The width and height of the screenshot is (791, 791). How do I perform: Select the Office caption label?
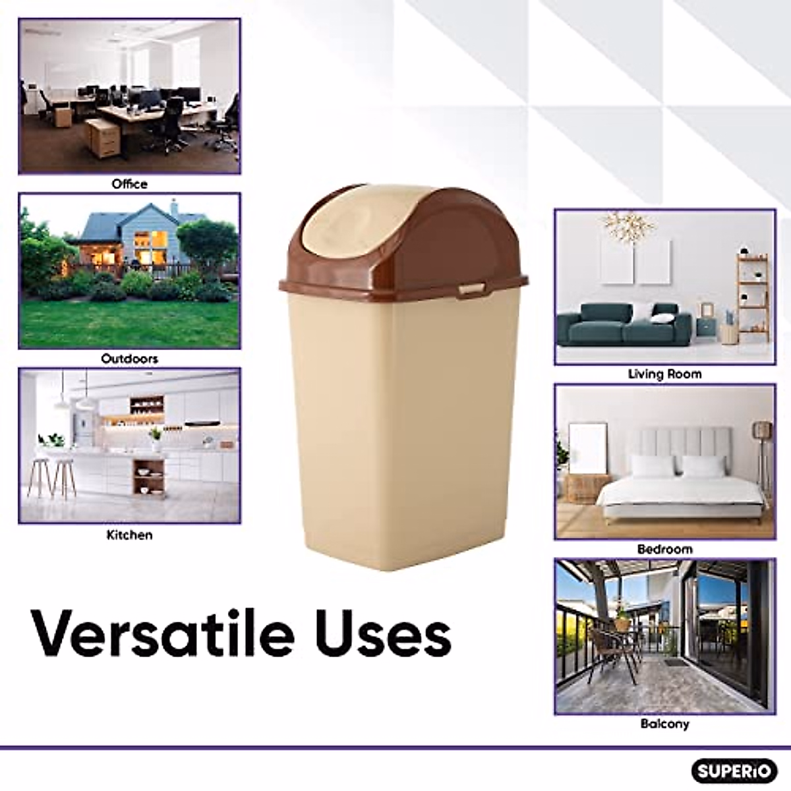[x=129, y=184]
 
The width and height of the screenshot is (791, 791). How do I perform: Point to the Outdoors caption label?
[x=129, y=359]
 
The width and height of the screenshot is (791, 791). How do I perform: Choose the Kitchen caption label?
[x=129, y=535]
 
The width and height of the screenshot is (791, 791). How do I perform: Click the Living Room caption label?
[x=664, y=374]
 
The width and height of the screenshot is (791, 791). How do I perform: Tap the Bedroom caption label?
[x=664, y=549]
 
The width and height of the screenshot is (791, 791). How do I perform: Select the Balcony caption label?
[x=664, y=724]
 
